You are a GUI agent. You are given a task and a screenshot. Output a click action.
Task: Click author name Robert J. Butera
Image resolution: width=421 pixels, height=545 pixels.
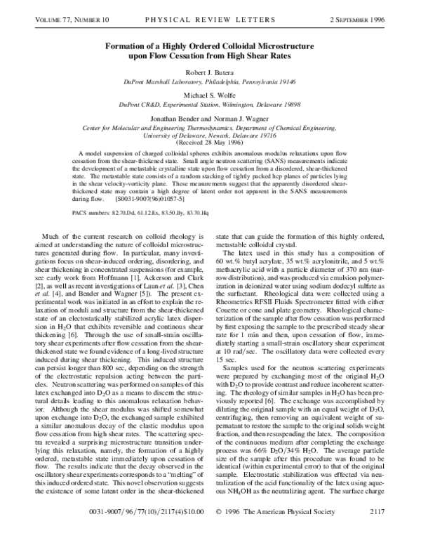pos(210,72)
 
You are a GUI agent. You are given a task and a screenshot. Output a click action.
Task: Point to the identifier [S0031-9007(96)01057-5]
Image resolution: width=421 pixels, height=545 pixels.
pos(142,199)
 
